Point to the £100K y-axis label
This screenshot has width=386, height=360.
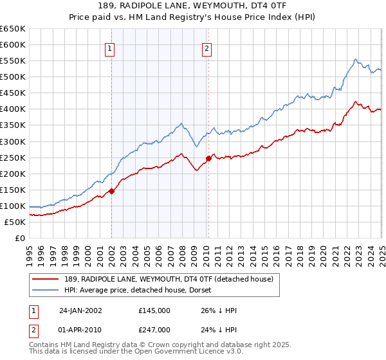[x=13, y=206]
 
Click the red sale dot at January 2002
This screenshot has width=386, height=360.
[x=111, y=191]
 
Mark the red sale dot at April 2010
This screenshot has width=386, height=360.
[x=208, y=158]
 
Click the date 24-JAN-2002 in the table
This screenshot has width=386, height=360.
[x=80, y=310]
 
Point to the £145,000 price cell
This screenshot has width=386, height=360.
[x=154, y=310]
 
